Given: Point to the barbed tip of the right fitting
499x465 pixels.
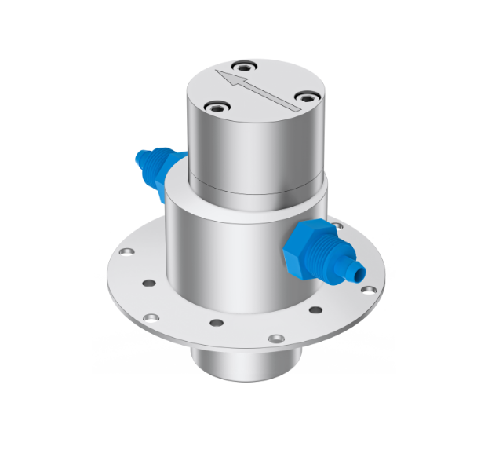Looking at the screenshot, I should coord(357,272).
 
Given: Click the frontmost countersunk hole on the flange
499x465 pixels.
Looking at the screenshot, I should coord(274,339).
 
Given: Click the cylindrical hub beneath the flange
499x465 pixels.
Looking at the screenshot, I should coord(246,365).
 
